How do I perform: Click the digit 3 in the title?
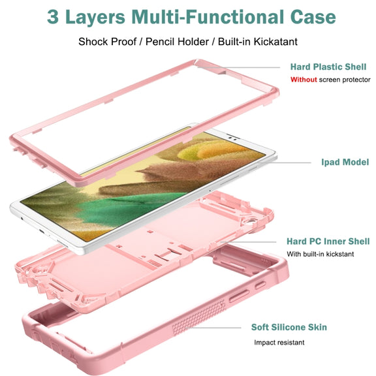pyautogui.click(x=52, y=17)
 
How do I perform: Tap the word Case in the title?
pyautogui.click(x=313, y=17)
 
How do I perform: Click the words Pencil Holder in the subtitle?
pyautogui.click(x=177, y=42)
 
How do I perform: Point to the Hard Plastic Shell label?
pyautogui.click(x=328, y=67)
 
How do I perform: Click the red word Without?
pyautogui.click(x=304, y=80)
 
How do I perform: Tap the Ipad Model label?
pyautogui.click(x=345, y=163)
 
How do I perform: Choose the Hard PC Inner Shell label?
pyautogui.click(x=328, y=242)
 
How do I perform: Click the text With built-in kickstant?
pyautogui.click(x=320, y=254)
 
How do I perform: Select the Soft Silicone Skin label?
pyautogui.click(x=289, y=327)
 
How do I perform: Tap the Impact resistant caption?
pyautogui.click(x=279, y=343)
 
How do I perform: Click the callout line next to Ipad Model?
pyautogui.click(x=285, y=163)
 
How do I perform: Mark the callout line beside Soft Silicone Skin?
pyautogui.click(x=215, y=328)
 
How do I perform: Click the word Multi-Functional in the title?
pyautogui.click(x=208, y=17)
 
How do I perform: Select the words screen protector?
pyautogui.click(x=345, y=80)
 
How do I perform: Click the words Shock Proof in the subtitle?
pyautogui.click(x=108, y=42)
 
